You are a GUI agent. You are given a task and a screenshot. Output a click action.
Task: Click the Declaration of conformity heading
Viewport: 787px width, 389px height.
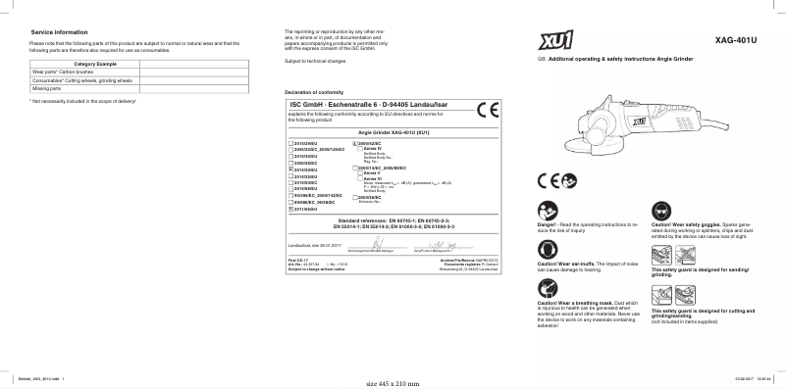tap(317, 92)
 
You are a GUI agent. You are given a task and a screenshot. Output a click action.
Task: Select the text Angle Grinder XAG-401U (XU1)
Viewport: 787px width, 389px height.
tap(393, 131)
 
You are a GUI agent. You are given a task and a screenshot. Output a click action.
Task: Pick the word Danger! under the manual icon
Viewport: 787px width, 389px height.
tap(548, 224)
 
